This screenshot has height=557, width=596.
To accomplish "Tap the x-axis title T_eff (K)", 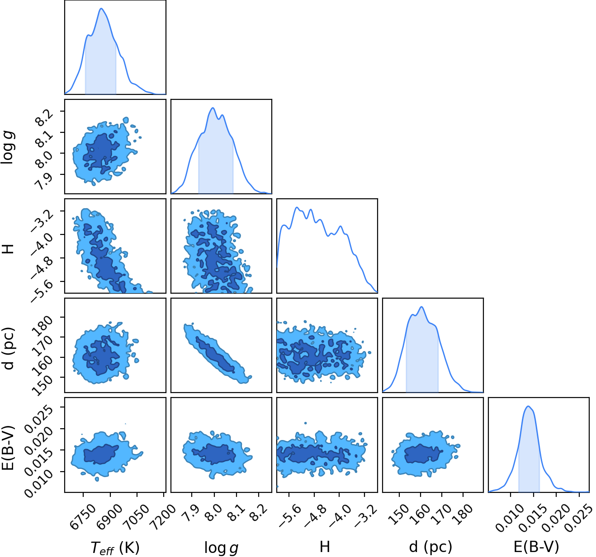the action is tap(115, 548).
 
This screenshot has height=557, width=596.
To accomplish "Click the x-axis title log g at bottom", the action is tap(221, 548).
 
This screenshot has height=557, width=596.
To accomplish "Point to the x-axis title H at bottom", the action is tap(325, 547).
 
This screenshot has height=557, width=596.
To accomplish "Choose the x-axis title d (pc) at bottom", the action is tap(430, 547).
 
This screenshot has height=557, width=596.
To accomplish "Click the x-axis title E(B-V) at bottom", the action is tap(537, 547).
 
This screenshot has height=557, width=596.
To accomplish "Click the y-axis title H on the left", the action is tap(8, 249).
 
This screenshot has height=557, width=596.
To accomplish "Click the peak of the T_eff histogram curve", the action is tap(101, 8).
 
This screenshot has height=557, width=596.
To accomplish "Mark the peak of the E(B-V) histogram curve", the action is tap(528, 406).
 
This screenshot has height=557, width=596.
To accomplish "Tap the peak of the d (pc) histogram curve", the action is tap(421, 307).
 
